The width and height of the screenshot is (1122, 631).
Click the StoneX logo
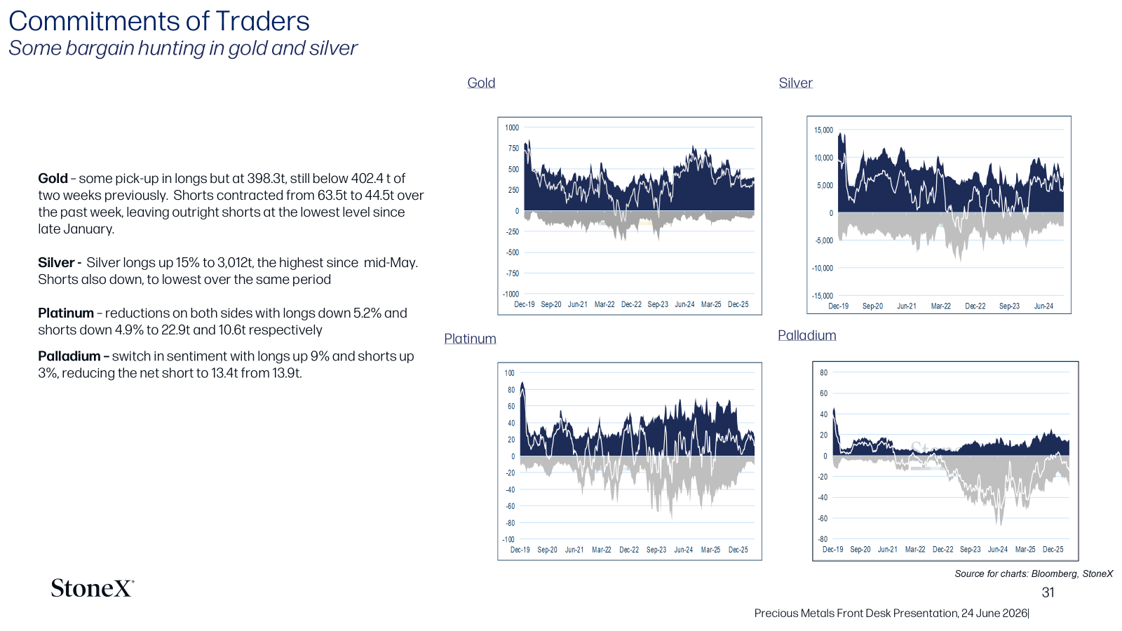point(93,588)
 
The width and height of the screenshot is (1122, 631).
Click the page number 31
point(1048,592)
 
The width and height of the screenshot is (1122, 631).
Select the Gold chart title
point(481,83)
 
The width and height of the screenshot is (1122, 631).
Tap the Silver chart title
point(795,83)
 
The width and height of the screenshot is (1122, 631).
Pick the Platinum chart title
point(470,339)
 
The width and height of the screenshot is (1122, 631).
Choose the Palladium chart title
point(807,335)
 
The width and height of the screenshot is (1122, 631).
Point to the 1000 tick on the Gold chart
point(512,128)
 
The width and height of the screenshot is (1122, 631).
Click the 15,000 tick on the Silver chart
point(823,130)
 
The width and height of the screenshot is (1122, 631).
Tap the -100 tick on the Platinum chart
point(508,539)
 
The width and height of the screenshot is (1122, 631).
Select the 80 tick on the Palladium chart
point(824,372)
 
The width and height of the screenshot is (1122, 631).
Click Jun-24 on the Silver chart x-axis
point(1044,306)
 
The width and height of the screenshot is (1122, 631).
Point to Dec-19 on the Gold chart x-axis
point(525,304)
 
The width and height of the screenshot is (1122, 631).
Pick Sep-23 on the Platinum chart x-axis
point(656,550)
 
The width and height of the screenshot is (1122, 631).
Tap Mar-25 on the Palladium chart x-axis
point(1025,550)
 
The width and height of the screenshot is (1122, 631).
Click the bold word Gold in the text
point(53,178)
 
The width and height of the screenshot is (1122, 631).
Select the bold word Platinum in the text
point(66,313)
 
